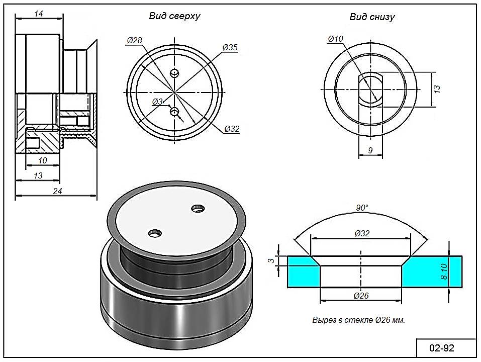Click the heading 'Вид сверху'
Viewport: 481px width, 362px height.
click(174, 16)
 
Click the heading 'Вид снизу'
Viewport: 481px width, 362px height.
click(372, 17)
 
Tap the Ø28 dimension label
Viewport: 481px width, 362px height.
click(134, 40)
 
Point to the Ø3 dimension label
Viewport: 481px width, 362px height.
click(157, 102)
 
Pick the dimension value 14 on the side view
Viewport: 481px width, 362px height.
click(38, 14)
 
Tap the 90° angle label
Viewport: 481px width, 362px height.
click(362, 208)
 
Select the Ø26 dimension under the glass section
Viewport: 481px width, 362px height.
click(361, 296)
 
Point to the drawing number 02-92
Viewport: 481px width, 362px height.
click(442, 348)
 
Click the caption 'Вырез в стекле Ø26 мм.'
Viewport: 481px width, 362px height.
click(358, 320)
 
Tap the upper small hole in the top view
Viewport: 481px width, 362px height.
click(174, 73)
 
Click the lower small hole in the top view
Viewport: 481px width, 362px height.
click(174, 112)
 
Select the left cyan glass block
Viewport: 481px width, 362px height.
click(303, 272)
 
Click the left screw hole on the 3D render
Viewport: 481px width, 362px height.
click(155, 233)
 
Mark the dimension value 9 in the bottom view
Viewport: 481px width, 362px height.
click(370, 149)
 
